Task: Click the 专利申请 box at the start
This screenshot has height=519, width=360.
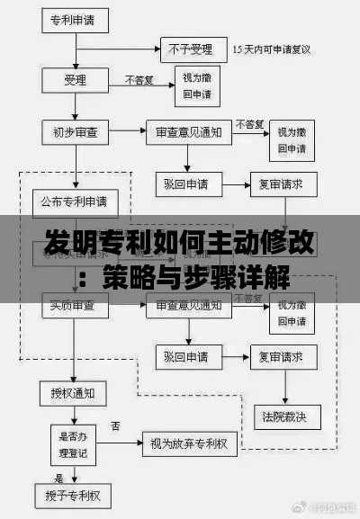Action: (76, 17)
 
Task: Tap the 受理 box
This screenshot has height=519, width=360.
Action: (76, 81)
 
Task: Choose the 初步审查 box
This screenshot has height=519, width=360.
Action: (76, 131)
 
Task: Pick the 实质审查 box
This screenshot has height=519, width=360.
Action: (76, 308)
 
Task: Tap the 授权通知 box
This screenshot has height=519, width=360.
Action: (74, 392)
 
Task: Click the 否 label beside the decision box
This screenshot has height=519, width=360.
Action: (115, 425)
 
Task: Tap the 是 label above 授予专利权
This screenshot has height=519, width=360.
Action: (59, 477)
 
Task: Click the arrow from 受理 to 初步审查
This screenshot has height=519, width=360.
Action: (76, 106)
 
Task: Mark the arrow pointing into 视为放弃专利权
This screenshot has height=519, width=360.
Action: (126, 442)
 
